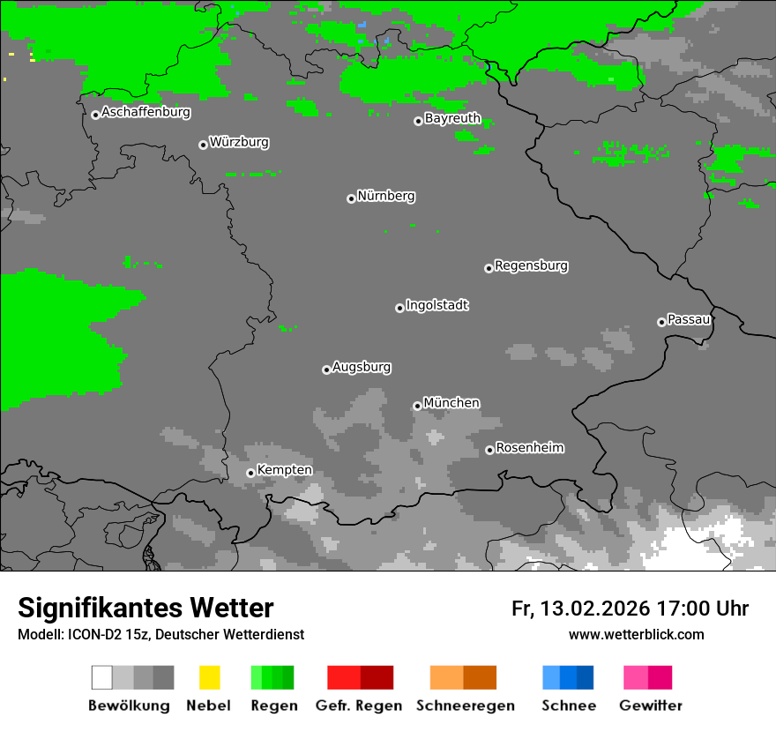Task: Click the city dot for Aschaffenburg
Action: [x=95, y=115]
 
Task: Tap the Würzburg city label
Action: [x=239, y=142]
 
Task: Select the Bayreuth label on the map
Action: [x=452, y=118]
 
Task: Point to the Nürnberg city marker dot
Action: [x=351, y=198]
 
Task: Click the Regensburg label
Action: [x=531, y=265]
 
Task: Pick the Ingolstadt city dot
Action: [x=399, y=308]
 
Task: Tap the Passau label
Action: [x=689, y=319]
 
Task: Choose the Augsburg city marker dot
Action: [x=326, y=370]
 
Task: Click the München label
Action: [x=451, y=403]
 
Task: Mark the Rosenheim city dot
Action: [x=489, y=450]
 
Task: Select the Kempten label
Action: [x=284, y=470]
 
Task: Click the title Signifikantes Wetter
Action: [x=145, y=609]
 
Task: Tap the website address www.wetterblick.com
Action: [x=637, y=634]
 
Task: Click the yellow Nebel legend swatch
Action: [x=209, y=677]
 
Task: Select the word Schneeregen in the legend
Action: [x=466, y=706]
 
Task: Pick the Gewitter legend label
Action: [x=651, y=706]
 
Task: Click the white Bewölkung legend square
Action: [x=102, y=677]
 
